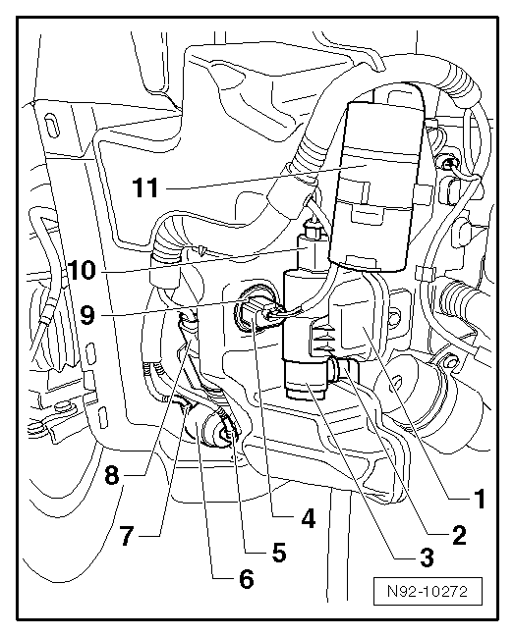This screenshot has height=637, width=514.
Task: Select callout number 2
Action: [459, 535]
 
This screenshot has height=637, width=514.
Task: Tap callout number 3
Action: [427, 557]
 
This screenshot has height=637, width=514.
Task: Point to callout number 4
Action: [308, 518]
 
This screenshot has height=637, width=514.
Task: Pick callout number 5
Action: [279, 552]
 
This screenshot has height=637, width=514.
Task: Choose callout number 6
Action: [246, 578]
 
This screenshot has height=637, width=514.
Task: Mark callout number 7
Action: [127, 536]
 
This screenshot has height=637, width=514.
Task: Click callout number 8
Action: [112, 474]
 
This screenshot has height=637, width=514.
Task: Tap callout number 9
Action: [87, 315]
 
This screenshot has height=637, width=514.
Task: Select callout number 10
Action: [81, 270]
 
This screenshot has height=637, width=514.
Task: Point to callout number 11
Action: [145, 187]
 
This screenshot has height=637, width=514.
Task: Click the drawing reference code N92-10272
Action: [428, 591]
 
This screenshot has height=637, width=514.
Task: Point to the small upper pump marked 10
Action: [312, 247]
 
